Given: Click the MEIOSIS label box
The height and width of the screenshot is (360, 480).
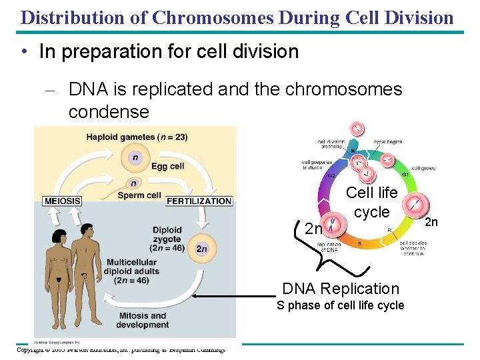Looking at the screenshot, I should point(63,201).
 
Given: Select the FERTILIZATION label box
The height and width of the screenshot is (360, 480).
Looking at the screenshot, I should point(199,201).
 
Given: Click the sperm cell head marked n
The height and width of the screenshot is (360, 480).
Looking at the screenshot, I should point(134,183).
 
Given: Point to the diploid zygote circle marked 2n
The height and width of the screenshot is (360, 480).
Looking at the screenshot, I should point(201,249).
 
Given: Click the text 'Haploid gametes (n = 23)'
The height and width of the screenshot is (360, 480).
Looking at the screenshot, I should point(136,137).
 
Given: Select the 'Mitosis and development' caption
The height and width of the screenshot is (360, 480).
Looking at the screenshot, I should point(142,320).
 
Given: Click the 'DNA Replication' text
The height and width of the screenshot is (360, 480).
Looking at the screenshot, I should point(341,289).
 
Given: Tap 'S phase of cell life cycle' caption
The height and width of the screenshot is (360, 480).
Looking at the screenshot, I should point(341,305).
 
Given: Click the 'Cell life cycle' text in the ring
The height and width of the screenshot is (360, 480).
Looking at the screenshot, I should point(371,202).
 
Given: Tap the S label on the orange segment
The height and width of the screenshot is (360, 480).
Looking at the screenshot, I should point(379,244).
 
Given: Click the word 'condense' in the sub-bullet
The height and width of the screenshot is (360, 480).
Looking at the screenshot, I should point(109,111).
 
